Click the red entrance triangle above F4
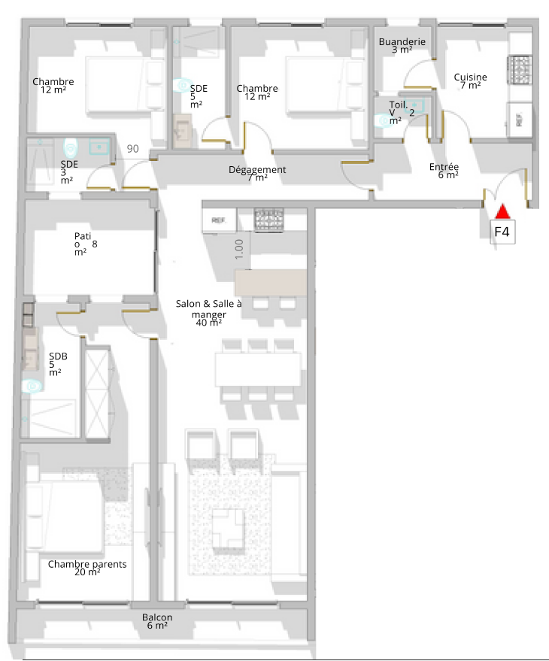pyautogui.click(x=502, y=211)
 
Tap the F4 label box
pyautogui.click(x=502, y=232)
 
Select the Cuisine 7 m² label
pyautogui.click(x=470, y=81)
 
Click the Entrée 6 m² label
pyautogui.click(x=444, y=170)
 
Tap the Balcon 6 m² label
pyautogui.click(x=157, y=621)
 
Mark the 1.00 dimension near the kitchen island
pyautogui.click(x=239, y=249)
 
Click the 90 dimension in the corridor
pyautogui.click(x=133, y=148)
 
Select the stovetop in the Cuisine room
pyautogui.click(x=520, y=69)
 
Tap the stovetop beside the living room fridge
pyautogui.click(x=268, y=220)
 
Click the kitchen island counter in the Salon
pyautogui.click(x=271, y=283)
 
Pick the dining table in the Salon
pyautogui.click(x=258, y=370)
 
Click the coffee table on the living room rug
pyautogui.click(x=229, y=528)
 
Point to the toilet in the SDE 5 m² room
pyautogui.click(x=183, y=86)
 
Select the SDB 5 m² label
pyautogui.click(x=58, y=364)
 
